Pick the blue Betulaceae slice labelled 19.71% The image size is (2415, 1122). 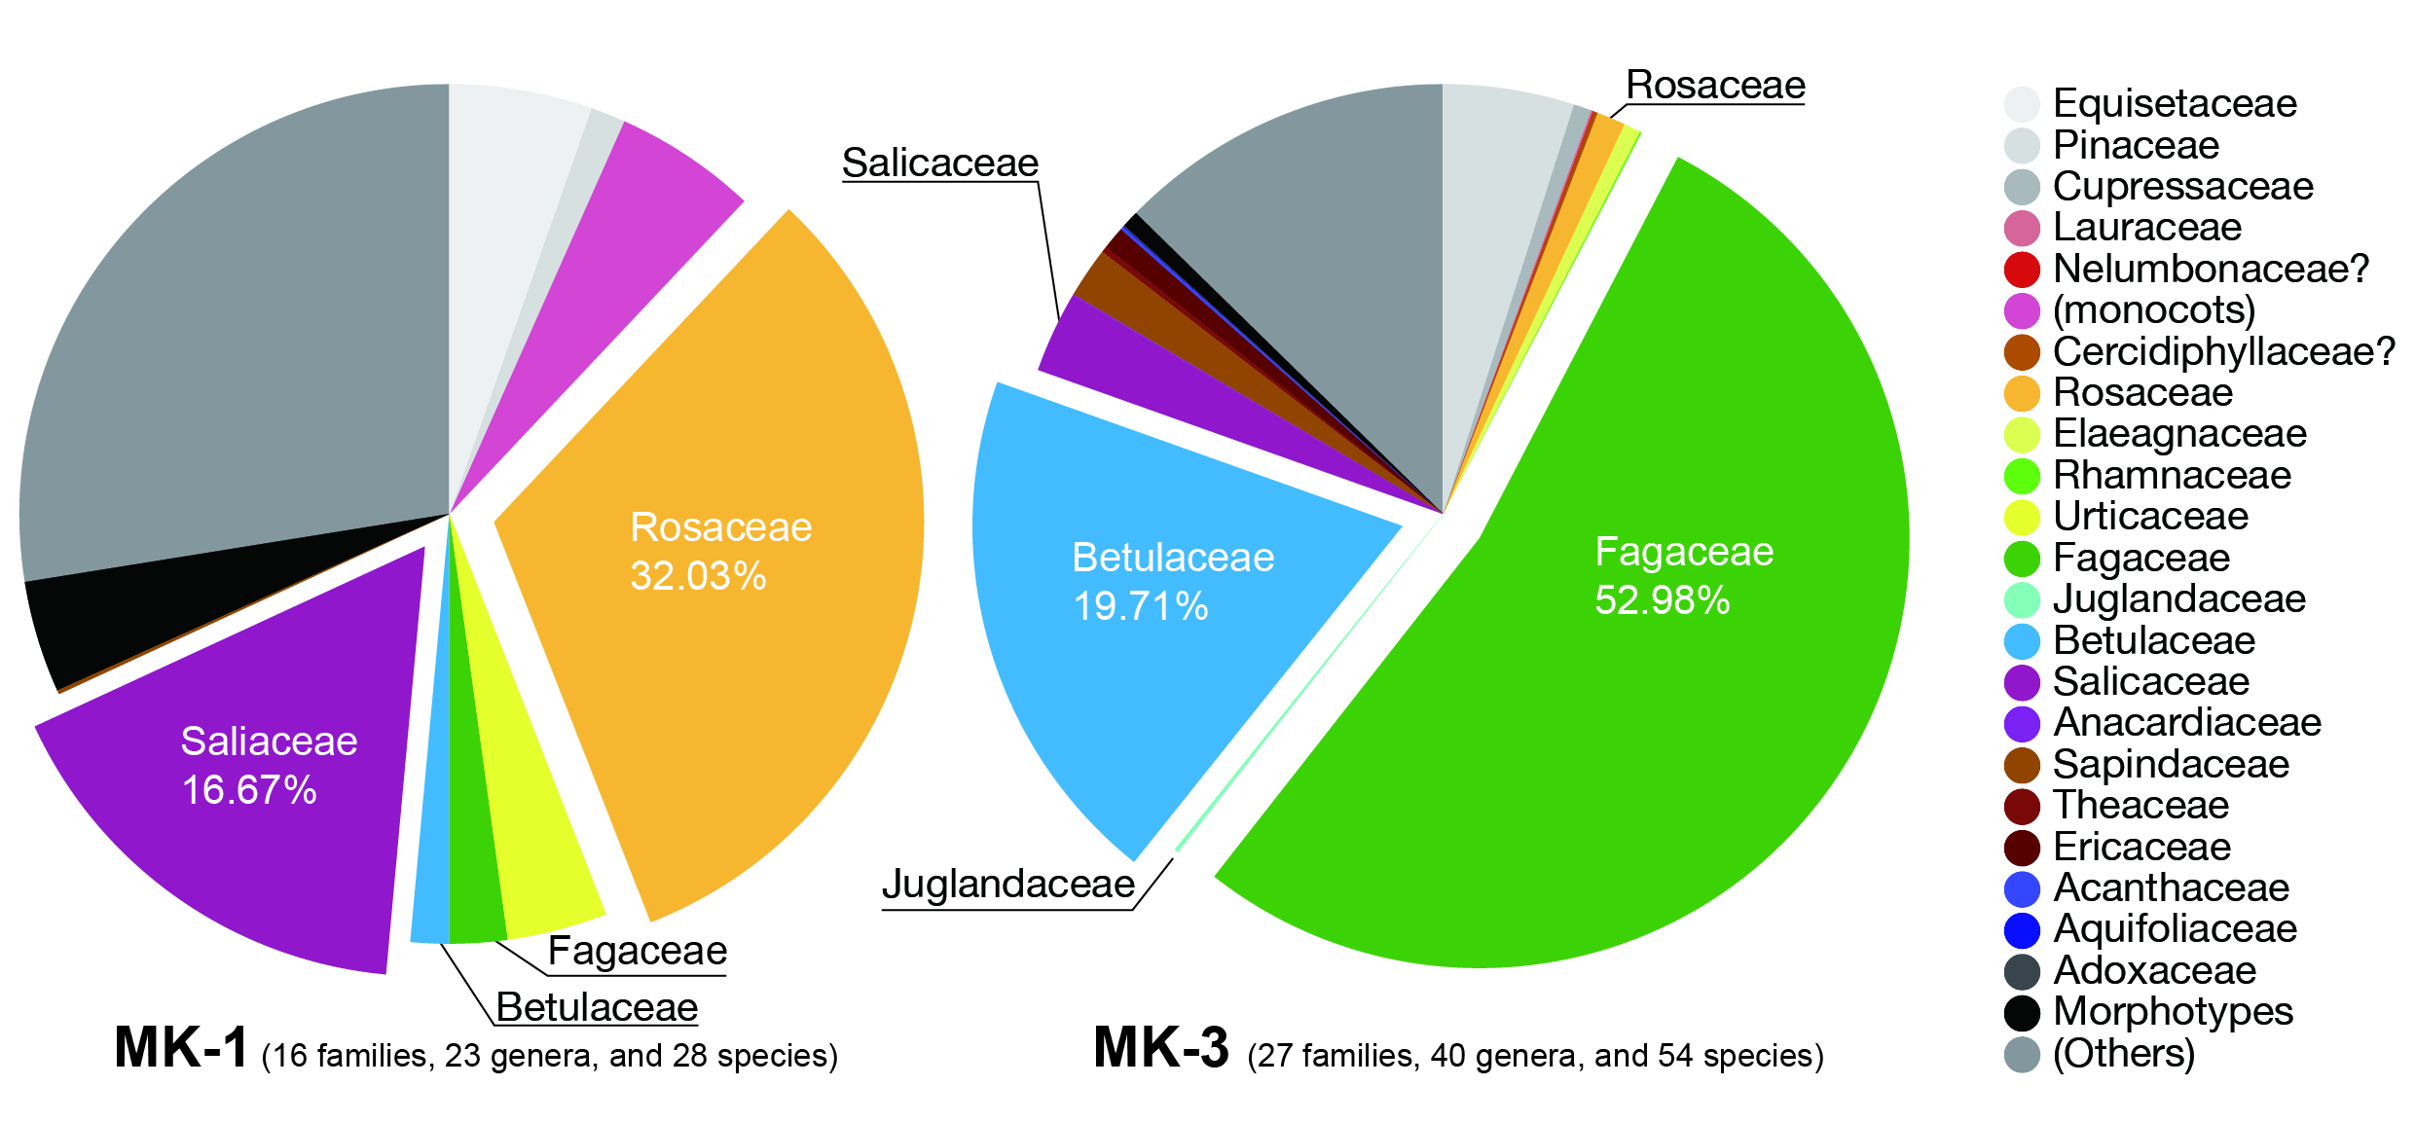point(1149,662)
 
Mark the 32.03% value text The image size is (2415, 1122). point(698,576)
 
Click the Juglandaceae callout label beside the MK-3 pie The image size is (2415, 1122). point(1008,885)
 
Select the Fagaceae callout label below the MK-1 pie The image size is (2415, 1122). point(638,951)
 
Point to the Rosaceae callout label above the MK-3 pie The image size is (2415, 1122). point(1715,86)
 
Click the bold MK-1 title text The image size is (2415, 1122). point(181,1048)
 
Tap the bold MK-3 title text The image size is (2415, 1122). point(1161,1048)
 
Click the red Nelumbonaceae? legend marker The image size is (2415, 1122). point(2022,269)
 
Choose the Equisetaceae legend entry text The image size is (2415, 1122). point(2175,103)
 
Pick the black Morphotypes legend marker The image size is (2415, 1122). point(2022,1012)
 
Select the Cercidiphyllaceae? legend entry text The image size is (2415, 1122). point(2223,351)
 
